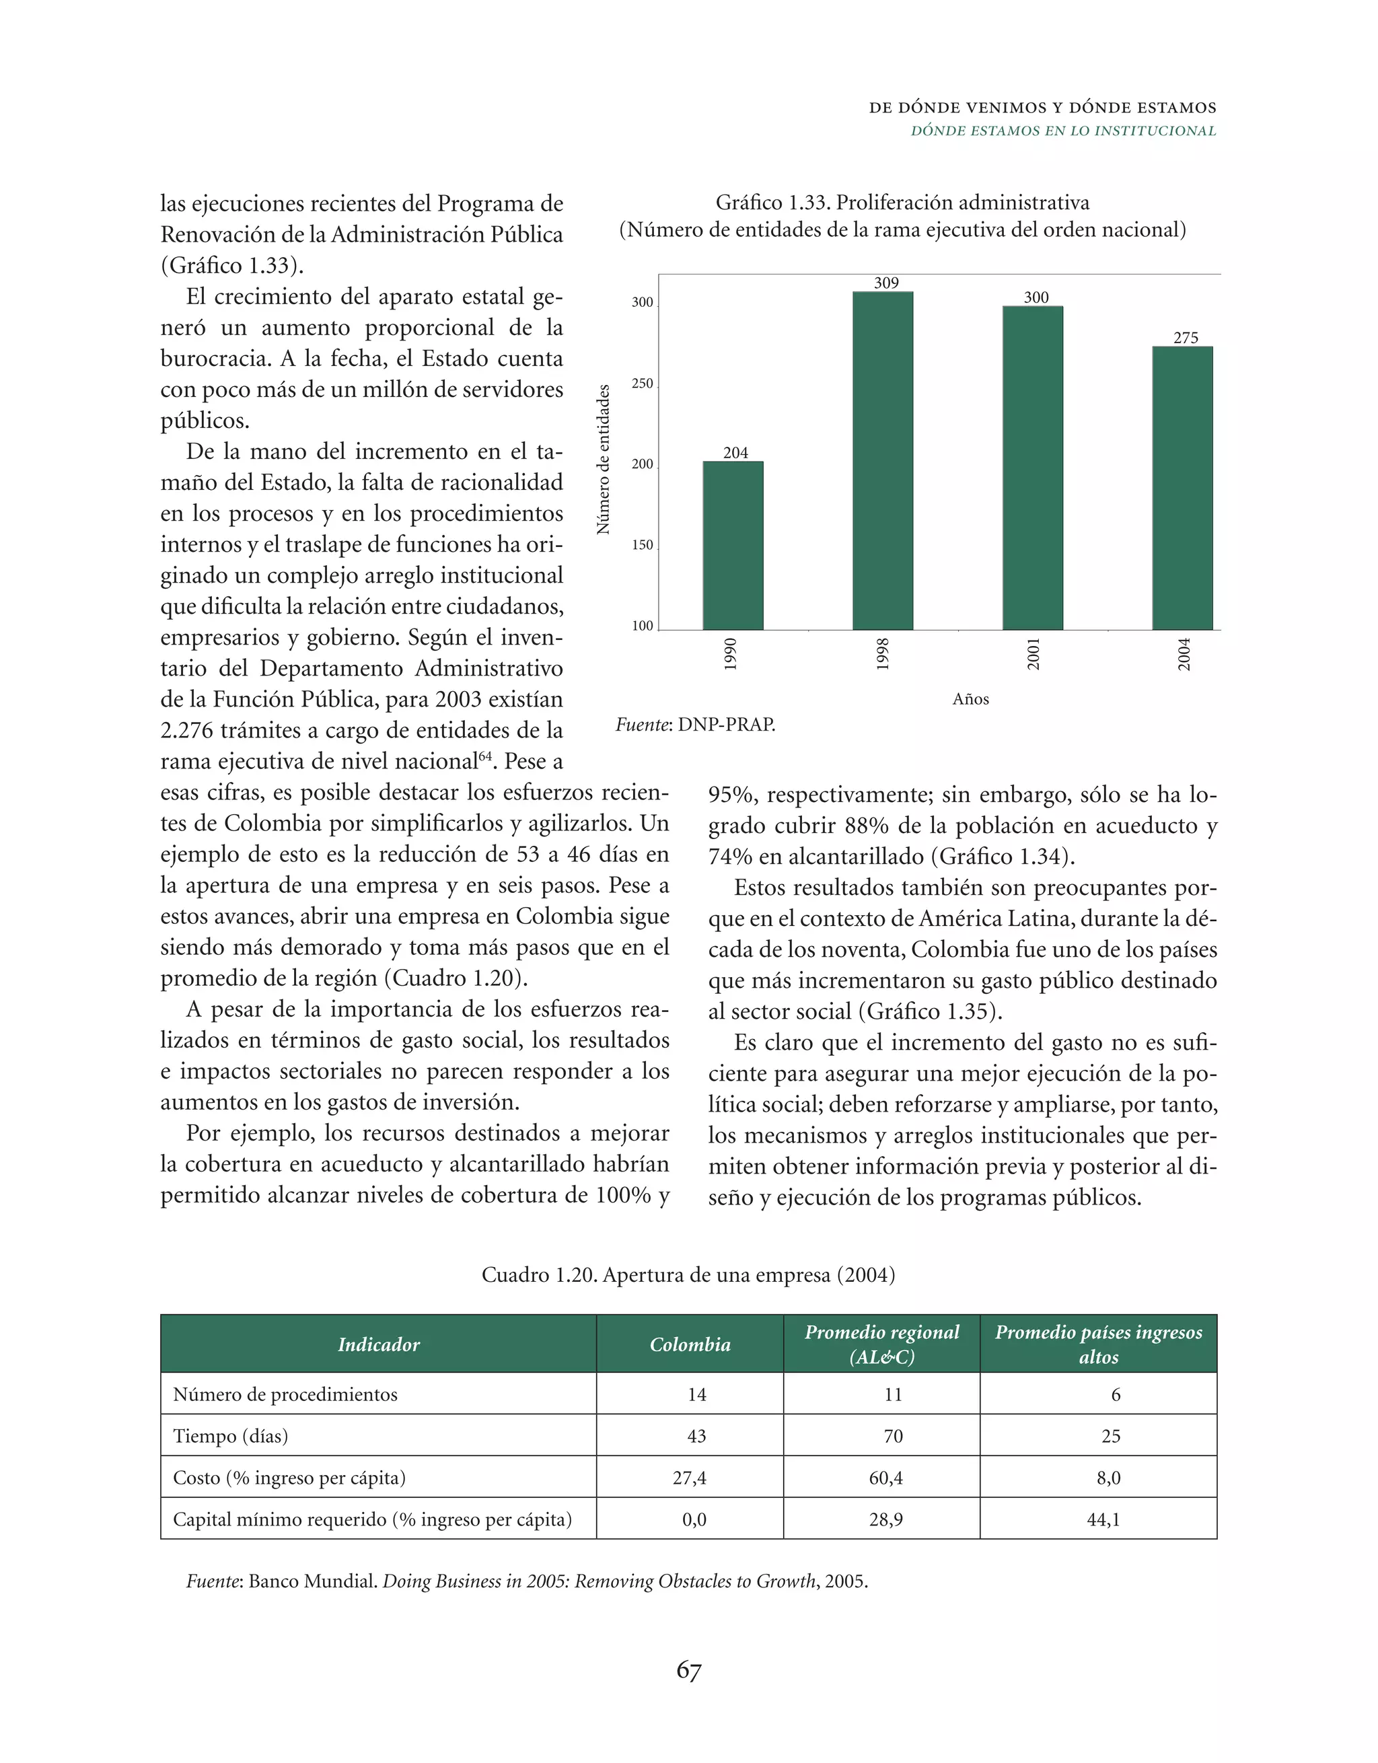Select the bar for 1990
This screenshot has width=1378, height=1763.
732,546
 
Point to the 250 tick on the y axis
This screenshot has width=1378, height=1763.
642,384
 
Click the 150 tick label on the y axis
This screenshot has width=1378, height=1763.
642,545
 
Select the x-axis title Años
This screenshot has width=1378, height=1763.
970,699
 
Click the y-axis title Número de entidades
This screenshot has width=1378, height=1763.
603,460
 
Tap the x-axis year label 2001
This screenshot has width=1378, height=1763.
1033,654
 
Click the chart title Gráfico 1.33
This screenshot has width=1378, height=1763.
902,203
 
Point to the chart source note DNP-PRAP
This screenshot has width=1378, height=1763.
695,724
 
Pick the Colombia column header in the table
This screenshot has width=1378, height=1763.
690,1344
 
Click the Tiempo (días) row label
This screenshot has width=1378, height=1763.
230,1436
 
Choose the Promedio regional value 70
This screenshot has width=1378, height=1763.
893,1436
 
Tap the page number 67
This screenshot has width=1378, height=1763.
688,1669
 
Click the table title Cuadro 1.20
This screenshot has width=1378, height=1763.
688,1274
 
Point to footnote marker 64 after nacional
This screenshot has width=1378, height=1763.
485,756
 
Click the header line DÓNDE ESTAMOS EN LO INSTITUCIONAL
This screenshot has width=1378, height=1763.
1062,131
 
